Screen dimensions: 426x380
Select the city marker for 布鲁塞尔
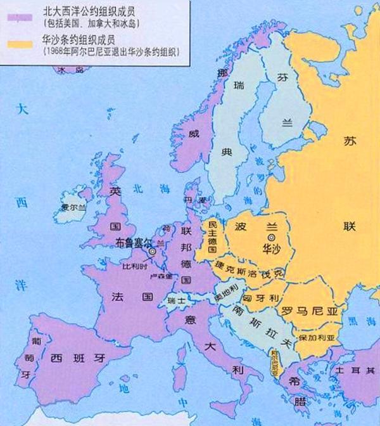point(152,251)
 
